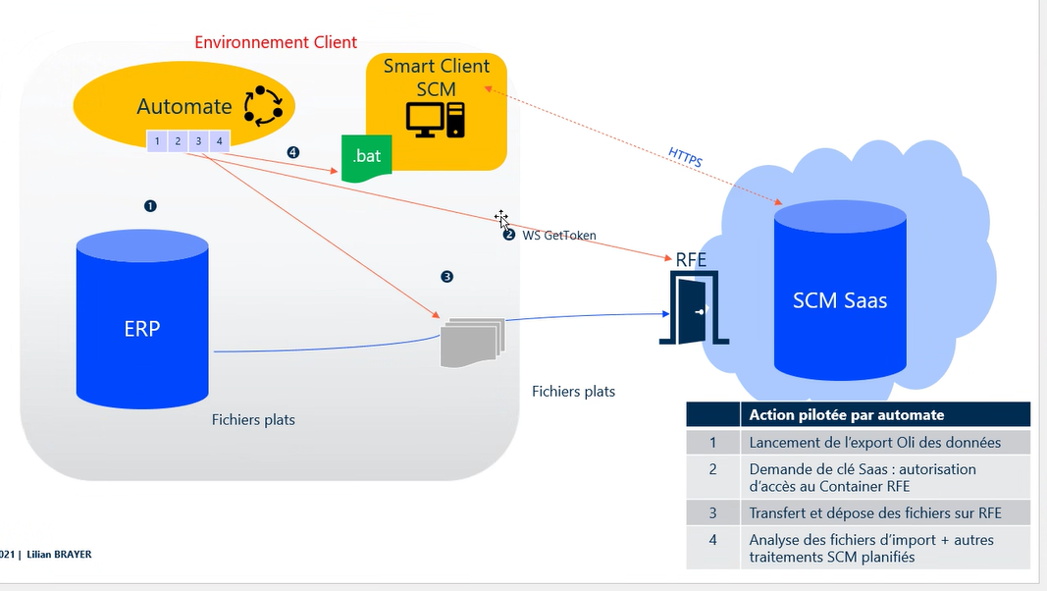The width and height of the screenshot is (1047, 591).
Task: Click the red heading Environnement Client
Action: coord(276,42)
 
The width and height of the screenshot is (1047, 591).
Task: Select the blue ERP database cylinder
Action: coord(142,319)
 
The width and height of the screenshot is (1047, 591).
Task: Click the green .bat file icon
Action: coord(366,159)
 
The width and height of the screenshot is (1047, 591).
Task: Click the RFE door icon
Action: coord(695,308)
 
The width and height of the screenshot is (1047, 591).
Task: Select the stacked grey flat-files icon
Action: coord(471,341)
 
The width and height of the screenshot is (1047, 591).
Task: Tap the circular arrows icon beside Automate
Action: coord(262,106)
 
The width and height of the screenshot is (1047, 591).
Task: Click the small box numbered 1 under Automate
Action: coord(157,141)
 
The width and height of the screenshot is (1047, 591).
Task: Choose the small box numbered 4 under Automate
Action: coord(219,141)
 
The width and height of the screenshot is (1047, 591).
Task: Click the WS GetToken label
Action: coord(559,236)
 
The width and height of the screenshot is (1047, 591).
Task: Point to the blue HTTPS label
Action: coord(685,157)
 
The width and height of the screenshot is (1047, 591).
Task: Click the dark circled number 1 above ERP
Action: coord(150,206)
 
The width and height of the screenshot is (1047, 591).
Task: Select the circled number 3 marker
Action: coord(447,277)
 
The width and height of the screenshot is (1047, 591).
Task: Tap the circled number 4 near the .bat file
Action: coord(292,152)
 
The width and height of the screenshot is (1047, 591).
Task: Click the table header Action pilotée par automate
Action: coord(846,414)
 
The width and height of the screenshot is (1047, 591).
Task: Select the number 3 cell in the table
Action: coord(713,511)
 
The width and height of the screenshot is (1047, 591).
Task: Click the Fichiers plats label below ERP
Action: coord(253,420)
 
